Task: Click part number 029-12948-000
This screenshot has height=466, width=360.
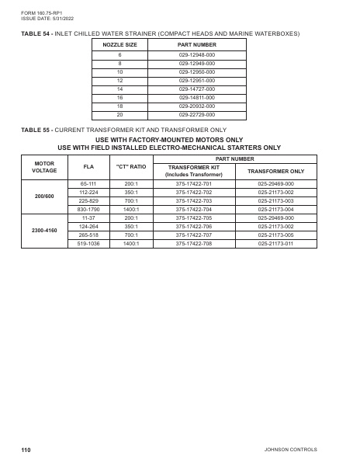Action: point(196,56)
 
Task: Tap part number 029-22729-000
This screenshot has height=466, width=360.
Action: point(196,114)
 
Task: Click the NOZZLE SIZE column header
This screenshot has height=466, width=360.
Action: point(120,45)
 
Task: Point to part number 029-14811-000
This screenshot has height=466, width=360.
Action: point(196,97)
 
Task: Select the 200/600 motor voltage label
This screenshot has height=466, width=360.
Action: point(45,196)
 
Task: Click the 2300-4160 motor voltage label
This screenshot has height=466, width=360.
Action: point(45,231)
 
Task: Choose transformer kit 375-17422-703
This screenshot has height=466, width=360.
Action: point(193,200)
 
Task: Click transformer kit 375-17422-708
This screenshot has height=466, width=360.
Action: point(193,243)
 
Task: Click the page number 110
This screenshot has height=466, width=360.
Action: point(26,450)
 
